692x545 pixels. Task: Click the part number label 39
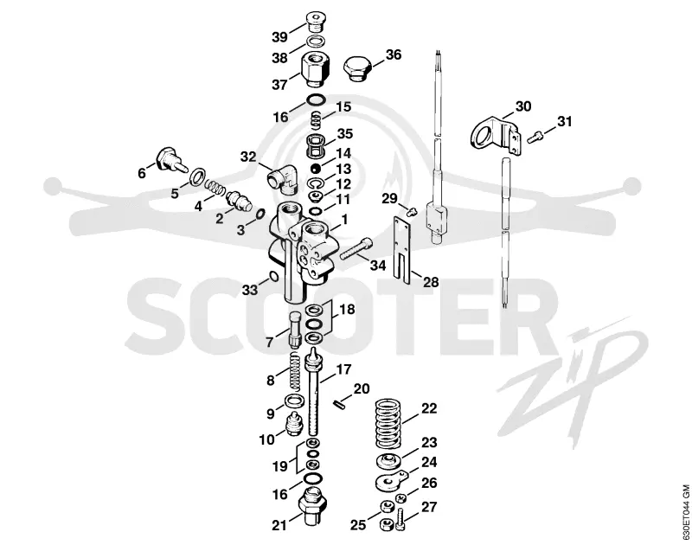[x=279, y=36]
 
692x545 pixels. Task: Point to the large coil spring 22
[x=390, y=424]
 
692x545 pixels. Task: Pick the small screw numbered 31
[x=535, y=138]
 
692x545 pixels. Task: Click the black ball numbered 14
[x=315, y=168]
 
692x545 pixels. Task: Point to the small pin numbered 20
[x=339, y=405]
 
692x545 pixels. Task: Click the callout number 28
[x=431, y=281]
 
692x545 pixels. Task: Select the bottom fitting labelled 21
[x=312, y=505]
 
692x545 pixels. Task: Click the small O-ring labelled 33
[x=272, y=277]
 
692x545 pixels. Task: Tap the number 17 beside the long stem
[x=344, y=369]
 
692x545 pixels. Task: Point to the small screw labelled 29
[x=413, y=212]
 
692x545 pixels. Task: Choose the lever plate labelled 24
[x=390, y=481]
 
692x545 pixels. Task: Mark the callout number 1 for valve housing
[x=344, y=220]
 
